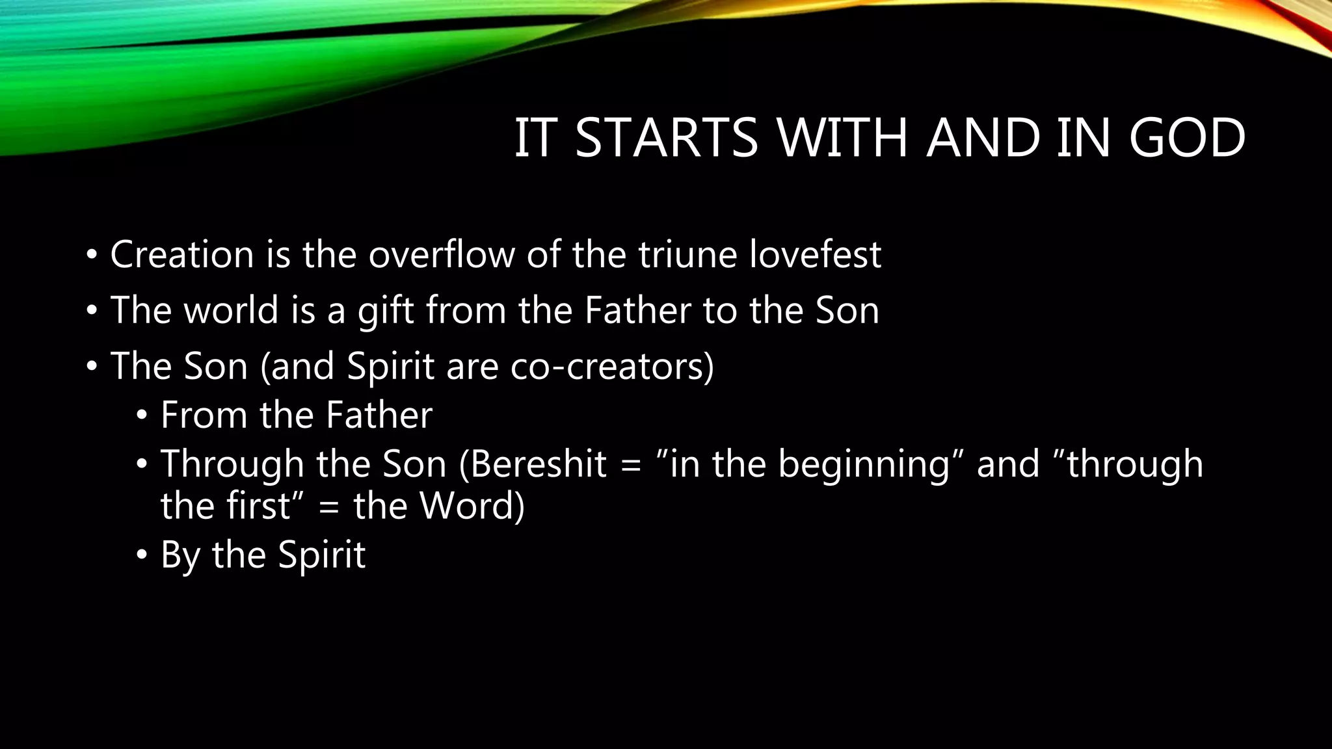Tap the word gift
point(386,311)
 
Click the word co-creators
point(611,366)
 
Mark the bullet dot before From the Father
point(142,417)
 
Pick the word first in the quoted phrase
point(258,506)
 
